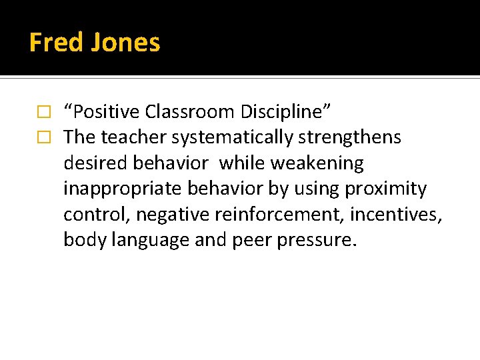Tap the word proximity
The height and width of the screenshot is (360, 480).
pyautogui.click(x=385, y=189)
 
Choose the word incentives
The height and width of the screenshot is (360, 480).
pyautogui.click(x=399, y=215)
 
